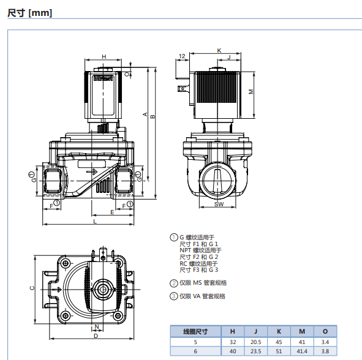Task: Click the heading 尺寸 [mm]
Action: tap(30, 13)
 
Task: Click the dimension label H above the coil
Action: tap(104, 56)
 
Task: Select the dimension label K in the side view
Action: tap(219, 51)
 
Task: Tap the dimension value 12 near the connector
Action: tap(182, 56)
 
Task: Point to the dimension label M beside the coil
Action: tap(251, 92)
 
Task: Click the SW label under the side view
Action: tap(219, 204)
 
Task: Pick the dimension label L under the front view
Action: tap(95, 222)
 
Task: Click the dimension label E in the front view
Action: tap(112, 212)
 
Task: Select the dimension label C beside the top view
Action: tap(32, 288)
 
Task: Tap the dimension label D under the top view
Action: tap(96, 336)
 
